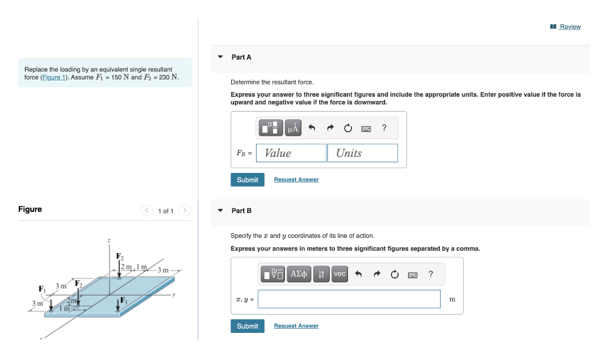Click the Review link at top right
coord(570,27)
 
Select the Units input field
coord(362,153)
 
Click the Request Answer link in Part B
coord(296,326)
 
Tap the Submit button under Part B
coord(247,326)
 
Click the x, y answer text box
coord(349,299)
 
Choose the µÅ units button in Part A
coord(293,127)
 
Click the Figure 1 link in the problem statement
coord(54,77)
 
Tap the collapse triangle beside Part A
coord(221,57)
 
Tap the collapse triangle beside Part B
coord(221,211)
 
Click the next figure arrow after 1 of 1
coord(185,211)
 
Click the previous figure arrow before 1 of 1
coord(147,211)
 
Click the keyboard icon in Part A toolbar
coord(366,128)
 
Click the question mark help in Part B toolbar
coord(431,274)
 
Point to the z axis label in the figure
coord(109,240)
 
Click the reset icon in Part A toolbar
coord(348,128)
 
